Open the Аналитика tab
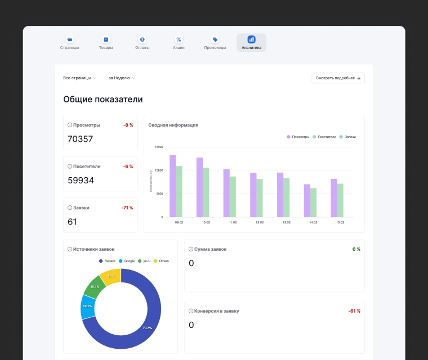tap(251, 43)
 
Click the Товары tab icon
tap(106, 39)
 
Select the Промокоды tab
tap(215, 43)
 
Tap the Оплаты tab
tap(142, 43)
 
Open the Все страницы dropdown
tap(80, 78)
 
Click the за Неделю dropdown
tap(122, 78)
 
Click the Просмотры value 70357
tap(80, 139)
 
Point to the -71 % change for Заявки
tap(127, 208)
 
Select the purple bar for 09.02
tap(173, 186)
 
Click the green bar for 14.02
tap(313, 202)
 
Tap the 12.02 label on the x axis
tap(260, 223)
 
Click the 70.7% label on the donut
tap(147, 328)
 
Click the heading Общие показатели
tap(102, 100)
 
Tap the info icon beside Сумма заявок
tap(191, 249)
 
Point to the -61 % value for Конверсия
tap(354, 311)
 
